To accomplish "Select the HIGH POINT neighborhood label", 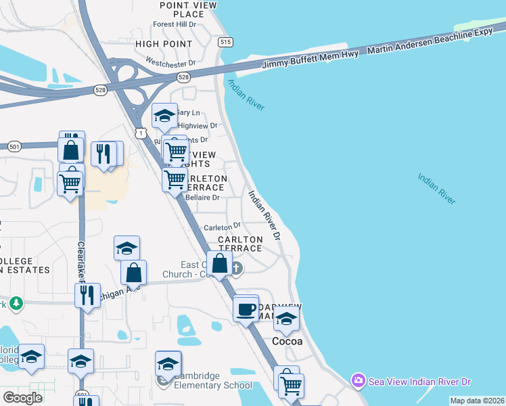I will (x=164, y=44).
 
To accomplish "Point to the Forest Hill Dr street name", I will (x=175, y=24).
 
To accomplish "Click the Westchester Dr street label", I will (x=170, y=63).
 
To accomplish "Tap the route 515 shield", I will (x=225, y=42).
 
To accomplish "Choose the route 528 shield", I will (x=100, y=90).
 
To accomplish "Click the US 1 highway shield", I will (x=140, y=134).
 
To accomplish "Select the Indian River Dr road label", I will (x=264, y=215).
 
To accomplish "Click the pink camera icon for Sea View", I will (x=358, y=382).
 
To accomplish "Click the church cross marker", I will (x=237, y=269).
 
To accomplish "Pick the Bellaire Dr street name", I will (x=202, y=198).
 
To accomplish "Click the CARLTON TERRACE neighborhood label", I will (x=240, y=244).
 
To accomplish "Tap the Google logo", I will (x=22, y=398).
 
